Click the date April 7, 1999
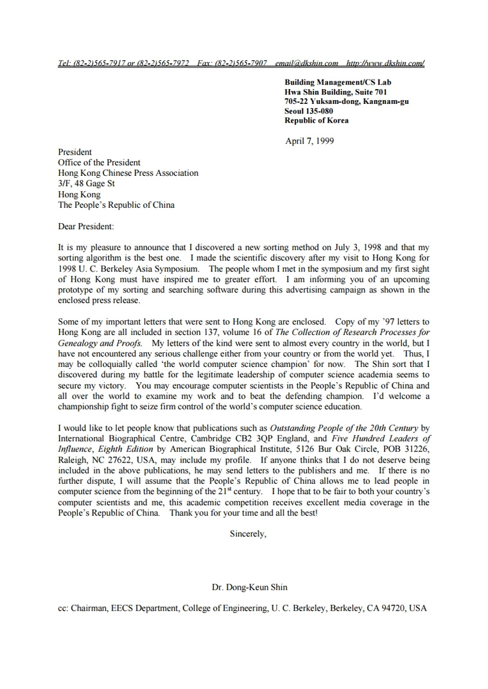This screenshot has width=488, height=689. click(x=309, y=141)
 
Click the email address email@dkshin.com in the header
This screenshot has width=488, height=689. click(x=306, y=63)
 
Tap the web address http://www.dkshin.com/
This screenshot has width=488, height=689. click(x=385, y=63)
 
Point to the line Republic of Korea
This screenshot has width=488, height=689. click(x=317, y=121)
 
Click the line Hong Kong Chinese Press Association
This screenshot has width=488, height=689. click(x=128, y=173)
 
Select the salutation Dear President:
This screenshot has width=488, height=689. click(x=86, y=226)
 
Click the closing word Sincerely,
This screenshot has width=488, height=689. click(x=248, y=534)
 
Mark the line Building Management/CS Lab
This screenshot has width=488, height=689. click(x=338, y=82)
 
